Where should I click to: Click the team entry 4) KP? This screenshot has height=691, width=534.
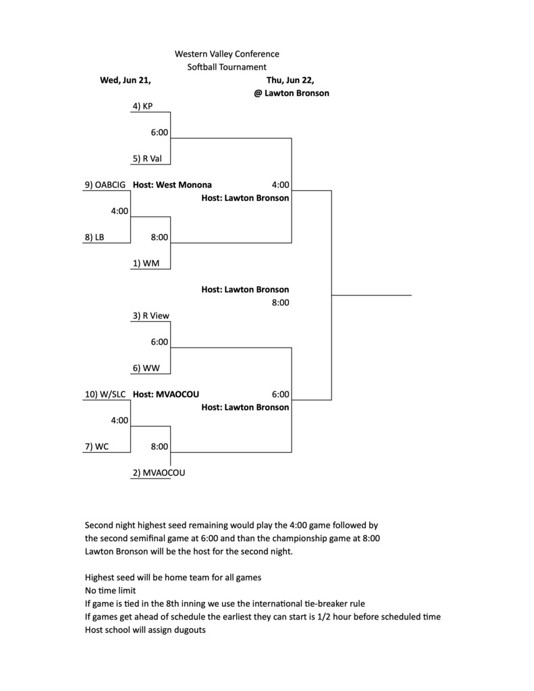click(142, 106)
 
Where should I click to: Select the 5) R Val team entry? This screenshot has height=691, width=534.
click(147, 159)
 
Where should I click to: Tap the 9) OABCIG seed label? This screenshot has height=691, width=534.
click(105, 185)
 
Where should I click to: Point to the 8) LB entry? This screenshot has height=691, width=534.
click(95, 237)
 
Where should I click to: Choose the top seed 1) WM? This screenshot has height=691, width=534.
click(146, 264)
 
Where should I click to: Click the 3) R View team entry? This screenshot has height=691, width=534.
click(151, 316)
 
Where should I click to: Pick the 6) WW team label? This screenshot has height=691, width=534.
click(146, 368)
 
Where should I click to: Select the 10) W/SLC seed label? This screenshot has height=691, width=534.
click(105, 394)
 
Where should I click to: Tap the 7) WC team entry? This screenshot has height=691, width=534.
click(97, 447)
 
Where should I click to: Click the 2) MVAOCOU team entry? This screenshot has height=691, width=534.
click(159, 473)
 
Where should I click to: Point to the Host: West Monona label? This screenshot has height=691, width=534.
click(172, 185)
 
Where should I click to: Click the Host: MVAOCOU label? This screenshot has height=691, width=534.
click(166, 394)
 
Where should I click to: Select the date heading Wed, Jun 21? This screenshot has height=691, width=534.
click(126, 80)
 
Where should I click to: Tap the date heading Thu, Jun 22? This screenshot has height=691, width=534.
click(290, 80)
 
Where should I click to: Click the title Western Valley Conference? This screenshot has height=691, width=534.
click(227, 54)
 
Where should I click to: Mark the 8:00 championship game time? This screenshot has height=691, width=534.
click(280, 303)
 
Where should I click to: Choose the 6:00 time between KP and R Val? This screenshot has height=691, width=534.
click(159, 133)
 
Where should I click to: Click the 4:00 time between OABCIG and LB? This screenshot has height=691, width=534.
click(119, 211)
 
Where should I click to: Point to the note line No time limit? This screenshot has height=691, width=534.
click(110, 590)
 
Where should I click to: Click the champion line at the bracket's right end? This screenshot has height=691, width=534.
click(371, 296)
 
